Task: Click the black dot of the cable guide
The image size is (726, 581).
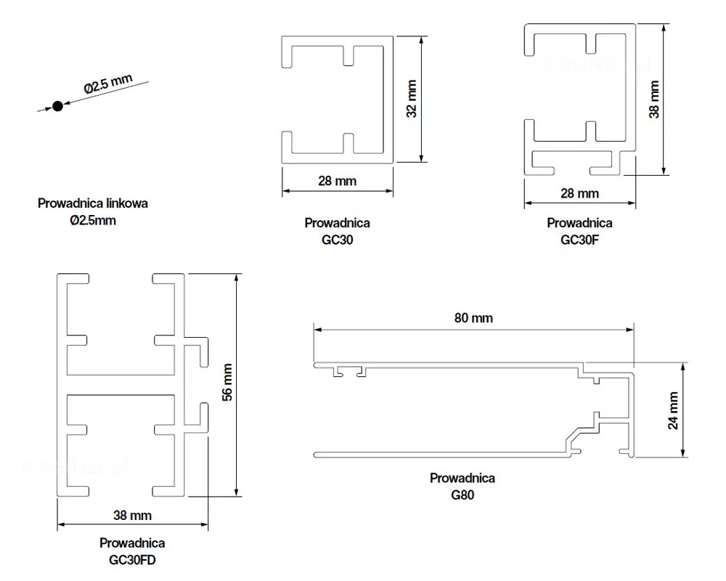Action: [x=57, y=106]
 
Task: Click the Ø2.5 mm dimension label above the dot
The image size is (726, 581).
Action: [x=108, y=84]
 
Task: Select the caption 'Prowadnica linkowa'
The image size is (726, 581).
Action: [x=93, y=203]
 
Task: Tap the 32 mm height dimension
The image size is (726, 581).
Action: [x=412, y=99]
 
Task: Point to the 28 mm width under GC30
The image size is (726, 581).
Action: [x=337, y=181]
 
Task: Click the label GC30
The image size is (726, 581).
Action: [x=337, y=240]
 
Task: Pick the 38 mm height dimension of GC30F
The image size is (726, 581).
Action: [x=654, y=99]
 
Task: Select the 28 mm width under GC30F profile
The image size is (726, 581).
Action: [x=579, y=193]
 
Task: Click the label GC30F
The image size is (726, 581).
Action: [x=579, y=240]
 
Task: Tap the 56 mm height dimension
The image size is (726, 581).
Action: [x=227, y=382]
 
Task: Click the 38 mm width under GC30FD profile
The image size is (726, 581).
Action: [x=132, y=515]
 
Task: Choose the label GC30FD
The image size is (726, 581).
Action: [x=132, y=560]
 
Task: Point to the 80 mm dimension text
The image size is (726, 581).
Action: [x=473, y=318]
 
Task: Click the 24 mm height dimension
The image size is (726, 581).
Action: [x=673, y=410]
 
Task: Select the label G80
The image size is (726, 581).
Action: [x=462, y=495]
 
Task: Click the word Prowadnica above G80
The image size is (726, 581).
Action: [x=462, y=478]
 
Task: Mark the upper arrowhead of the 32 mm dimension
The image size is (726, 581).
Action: [x=421, y=41]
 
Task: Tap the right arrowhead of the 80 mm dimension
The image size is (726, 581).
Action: [x=629, y=330]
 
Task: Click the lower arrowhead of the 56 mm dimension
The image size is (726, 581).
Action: [x=237, y=492]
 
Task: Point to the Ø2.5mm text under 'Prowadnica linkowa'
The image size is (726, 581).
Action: [x=93, y=221]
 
